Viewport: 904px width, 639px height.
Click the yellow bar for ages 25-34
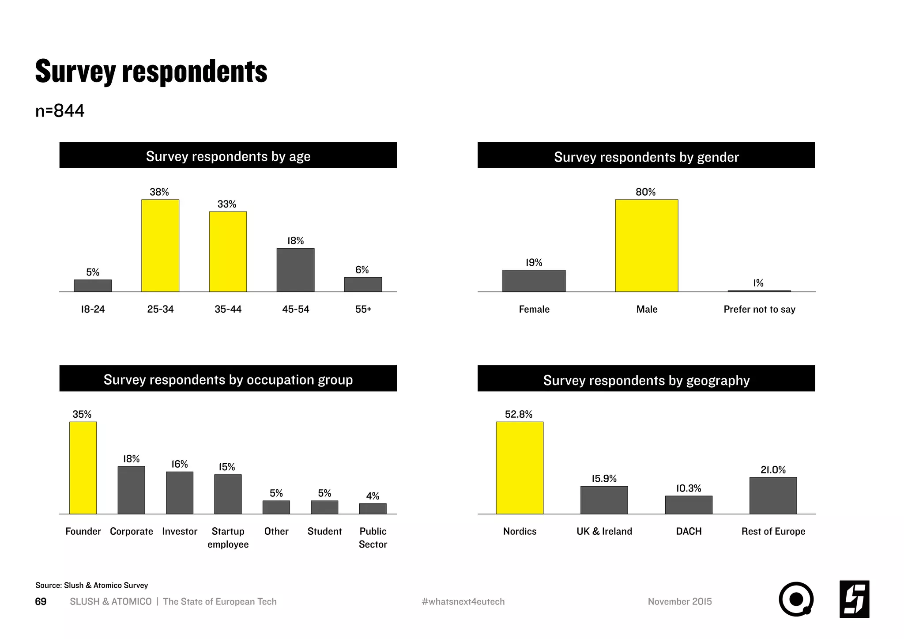tap(160, 246)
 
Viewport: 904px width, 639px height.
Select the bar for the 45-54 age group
tap(295, 270)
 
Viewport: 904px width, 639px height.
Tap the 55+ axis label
tap(363, 309)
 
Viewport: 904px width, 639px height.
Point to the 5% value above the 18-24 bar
tap(93, 272)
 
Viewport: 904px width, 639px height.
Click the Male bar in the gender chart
tap(646, 246)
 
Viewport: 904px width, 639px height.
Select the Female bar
tap(534, 281)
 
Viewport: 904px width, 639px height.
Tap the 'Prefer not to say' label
tap(759, 309)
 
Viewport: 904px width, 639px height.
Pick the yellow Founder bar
tap(83, 468)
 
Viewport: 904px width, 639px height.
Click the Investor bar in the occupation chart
tap(180, 493)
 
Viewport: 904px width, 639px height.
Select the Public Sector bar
tap(373, 509)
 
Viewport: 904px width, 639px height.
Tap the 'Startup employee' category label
tap(228, 537)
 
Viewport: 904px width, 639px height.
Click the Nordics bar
tap(520, 468)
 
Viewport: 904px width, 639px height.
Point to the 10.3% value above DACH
tap(689, 488)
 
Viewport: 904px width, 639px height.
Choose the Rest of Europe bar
tap(773, 495)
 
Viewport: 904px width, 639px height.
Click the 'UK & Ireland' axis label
tap(604, 531)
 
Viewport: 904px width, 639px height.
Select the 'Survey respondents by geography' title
tap(646, 380)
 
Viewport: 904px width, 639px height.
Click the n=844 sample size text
tap(60, 110)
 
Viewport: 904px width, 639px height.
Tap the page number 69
tap(41, 601)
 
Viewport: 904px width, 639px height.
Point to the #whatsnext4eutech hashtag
tap(463, 601)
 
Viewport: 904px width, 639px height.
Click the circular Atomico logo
tap(796, 599)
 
